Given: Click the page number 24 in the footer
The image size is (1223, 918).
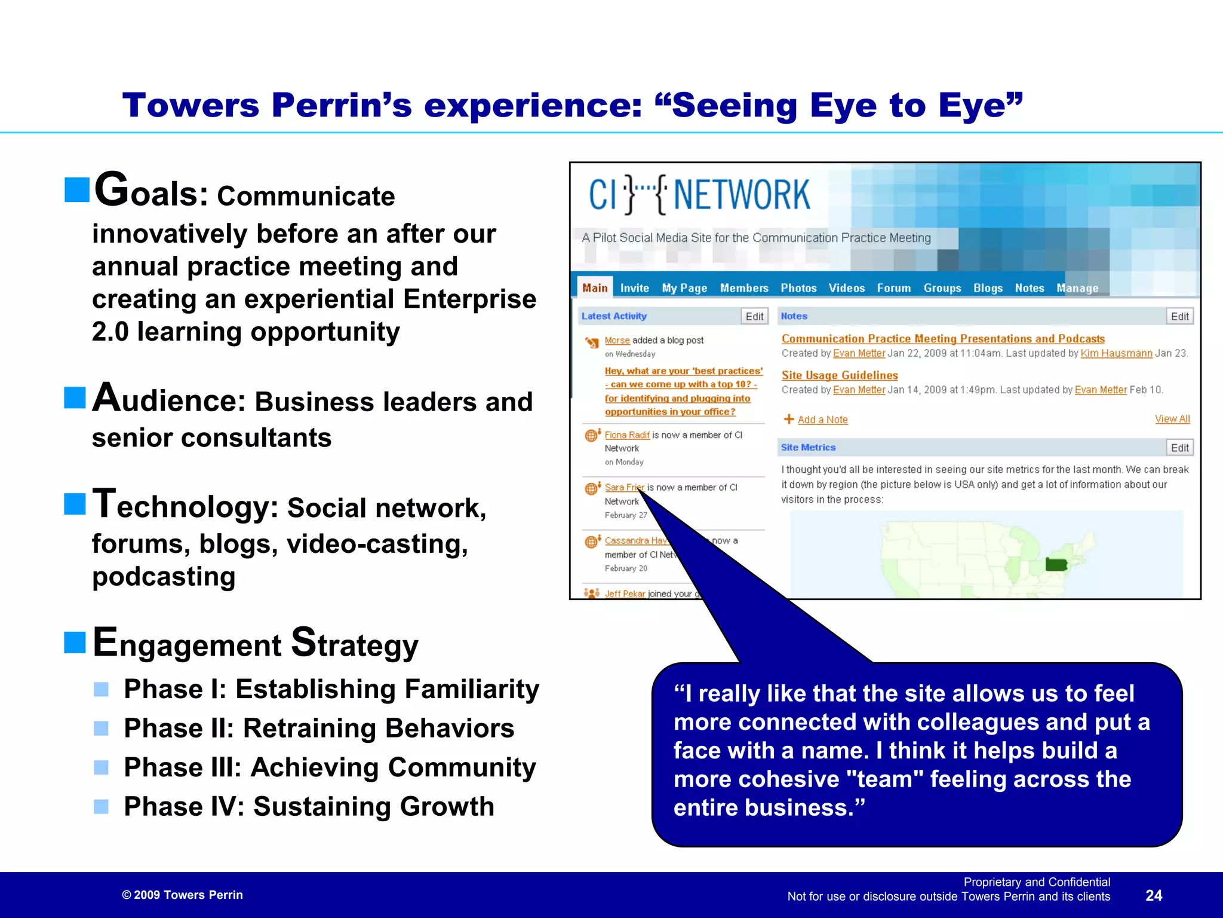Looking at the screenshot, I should pyautogui.click(x=1154, y=895).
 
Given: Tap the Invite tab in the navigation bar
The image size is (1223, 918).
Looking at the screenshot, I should pyautogui.click(x=634, y=288).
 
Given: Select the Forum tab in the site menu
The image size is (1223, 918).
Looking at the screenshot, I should pyautogui.click(x=893, y=288).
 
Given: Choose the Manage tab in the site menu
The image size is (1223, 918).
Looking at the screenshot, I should pyautogui.click(x=1077, y=288).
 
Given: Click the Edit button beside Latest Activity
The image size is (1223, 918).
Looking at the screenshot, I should pyautogui.click(x=754, y=316).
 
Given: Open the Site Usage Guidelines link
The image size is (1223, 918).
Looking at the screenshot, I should pyautogui.click(x=840, y=375).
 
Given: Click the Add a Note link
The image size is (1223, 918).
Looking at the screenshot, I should pyautogui.click(x=822, y=420).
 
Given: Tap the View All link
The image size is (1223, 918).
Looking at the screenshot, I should pyautogui.click(x=1172, y=419).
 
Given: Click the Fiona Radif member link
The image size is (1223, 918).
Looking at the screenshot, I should pyautogui.click(x=627, y=435).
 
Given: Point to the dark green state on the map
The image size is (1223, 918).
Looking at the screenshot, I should pyautogui.click(x=1056, y=564).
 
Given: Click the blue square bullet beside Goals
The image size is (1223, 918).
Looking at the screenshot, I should pyautogui.click(x=77, y=190).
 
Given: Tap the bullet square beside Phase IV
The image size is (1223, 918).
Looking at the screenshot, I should pyautogui.click(x=102, y=807).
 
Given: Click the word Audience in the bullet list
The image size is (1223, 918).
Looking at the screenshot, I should pyautogui.click(x=169, y=400).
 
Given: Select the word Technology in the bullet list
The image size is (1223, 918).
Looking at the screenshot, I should pyautogui.click(x=185, y=506).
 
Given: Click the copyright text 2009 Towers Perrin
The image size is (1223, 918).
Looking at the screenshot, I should pyautogui.click(x=183, y=895).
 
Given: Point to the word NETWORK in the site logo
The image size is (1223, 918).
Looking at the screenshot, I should pyautogui.click(x=742, y=195).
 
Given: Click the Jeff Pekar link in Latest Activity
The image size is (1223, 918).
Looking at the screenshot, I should pyautogui.click(x=625, y=593).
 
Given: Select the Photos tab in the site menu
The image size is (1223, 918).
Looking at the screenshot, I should pyautogui.click(x=798, y=288).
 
